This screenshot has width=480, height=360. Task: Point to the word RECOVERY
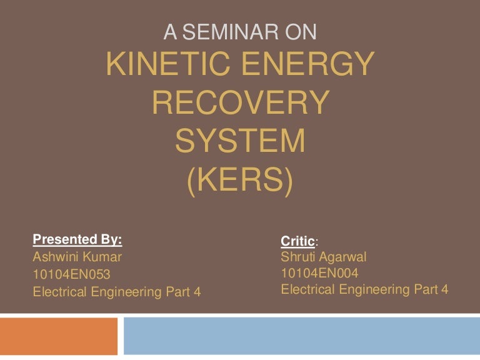[240, 103]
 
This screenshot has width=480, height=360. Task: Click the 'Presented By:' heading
[77, 239]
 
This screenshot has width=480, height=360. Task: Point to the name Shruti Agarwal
[323, 256]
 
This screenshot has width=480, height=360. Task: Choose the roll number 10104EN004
[320, 272]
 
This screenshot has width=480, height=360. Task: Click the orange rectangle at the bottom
[59, 336]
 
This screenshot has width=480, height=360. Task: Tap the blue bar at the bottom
[301, 336]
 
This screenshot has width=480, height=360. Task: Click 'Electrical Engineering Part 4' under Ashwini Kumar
[117, 291]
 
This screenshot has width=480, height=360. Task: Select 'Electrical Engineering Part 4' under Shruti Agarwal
[365, 289]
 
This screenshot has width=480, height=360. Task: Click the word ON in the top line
[304, 31]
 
